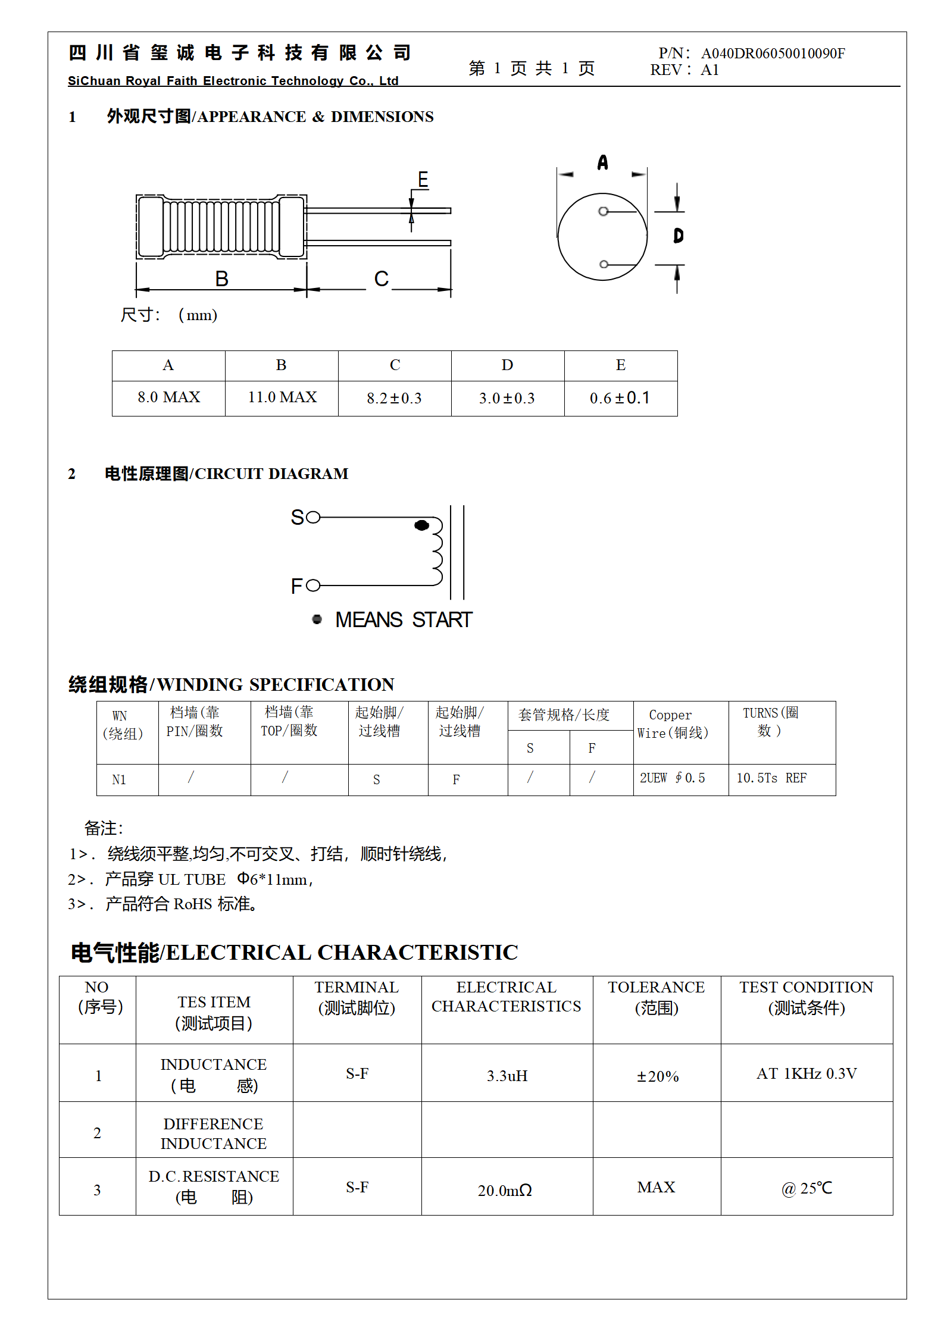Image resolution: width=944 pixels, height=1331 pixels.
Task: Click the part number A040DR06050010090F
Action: [773, 54]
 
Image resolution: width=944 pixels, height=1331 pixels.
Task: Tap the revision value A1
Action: [709, 70]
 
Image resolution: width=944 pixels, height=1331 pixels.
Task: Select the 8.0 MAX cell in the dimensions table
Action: [168, 397]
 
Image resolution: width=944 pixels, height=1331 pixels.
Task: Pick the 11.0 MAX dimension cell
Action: [282, 397]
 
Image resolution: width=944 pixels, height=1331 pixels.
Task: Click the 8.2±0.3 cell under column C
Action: [394, 398]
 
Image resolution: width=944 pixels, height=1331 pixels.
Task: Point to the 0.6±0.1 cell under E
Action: [620, 398]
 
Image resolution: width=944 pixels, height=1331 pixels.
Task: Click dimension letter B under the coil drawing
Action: [221, 279]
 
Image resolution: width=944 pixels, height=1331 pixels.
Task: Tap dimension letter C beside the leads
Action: [381, 279]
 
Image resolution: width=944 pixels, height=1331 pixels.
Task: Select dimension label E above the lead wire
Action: [423, 179]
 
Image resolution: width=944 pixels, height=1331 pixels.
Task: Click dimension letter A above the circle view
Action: [602, 162]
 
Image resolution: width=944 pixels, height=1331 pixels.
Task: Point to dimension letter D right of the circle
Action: [678, 236]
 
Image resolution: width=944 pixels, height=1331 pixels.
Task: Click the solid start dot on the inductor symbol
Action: [421, 525]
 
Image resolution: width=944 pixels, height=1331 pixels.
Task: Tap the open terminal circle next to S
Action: [313, 517]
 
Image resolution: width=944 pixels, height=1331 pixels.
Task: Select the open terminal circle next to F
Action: [313, 586]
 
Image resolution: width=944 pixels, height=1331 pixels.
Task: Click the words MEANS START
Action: [404, 620]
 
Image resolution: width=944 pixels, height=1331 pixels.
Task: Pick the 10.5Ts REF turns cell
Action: [771, 778]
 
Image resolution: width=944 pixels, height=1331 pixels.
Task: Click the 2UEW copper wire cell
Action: [672, 778]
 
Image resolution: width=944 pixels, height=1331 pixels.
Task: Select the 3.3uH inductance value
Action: [507, 1076]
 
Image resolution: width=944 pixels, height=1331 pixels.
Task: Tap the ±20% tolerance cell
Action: [657, 1076]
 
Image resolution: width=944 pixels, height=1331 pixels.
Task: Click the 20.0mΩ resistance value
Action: [505, 1191]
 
